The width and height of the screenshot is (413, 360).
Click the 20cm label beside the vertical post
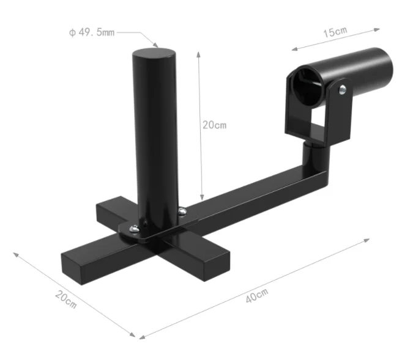[x=214, y=125]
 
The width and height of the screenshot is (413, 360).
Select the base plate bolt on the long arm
[x=182, y=211]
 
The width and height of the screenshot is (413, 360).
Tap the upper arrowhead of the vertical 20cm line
[x=199, y=53]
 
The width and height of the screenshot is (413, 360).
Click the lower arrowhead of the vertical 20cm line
[x=201, y=199]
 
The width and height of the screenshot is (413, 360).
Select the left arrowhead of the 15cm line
[x=293, y=48]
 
